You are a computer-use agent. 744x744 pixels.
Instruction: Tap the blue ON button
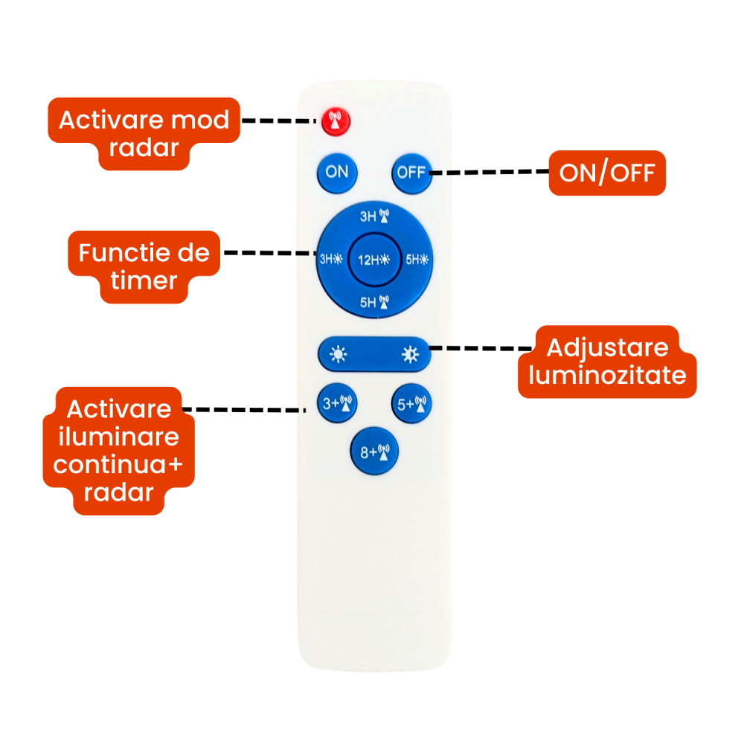[x=337, y=173]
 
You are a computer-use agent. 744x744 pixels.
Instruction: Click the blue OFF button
[x=411, y=173]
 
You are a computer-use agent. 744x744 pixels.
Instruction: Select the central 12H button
[x=374, y=260]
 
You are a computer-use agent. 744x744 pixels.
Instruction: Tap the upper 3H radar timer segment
[x=374, y=217]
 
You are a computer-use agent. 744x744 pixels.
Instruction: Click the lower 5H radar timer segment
[x=374, y=302]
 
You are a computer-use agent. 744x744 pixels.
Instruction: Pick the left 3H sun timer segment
[x=331, y=260]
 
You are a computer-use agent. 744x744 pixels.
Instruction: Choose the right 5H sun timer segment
[x=417, y=260]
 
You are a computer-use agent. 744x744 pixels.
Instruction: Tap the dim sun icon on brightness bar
[x=339, y=354]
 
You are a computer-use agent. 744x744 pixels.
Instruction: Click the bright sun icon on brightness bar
[x=410, y=354]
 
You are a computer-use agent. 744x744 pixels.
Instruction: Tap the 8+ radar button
[x=374, y=451]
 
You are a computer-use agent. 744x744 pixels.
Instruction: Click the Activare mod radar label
[x=144, y=133]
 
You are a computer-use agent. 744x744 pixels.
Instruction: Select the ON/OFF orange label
[x=606, y=173]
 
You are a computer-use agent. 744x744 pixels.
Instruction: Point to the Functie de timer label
[x=144, y=266]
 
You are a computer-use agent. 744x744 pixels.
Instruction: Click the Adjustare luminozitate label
[x=607, y=361]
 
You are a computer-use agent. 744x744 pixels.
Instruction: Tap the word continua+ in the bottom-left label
[x=118, y=465]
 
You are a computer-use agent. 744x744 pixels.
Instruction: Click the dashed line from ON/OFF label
[x=489, y=173]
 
